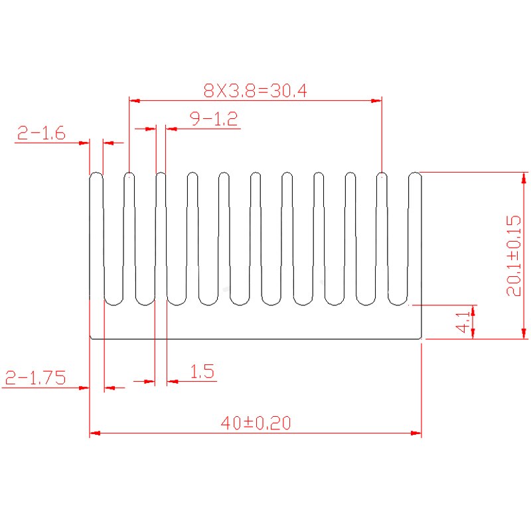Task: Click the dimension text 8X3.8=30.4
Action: (x=255, y=90)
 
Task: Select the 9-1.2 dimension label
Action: (x=213, y=119)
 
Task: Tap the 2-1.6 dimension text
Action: (x=40, y=133)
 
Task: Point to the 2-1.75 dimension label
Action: (x=35, y=378)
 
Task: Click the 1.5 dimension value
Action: (x=202, y=372)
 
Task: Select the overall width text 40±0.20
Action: (x=256, y=423)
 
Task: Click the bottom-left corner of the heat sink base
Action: (x=90, y=339)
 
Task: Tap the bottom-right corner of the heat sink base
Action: (x=421, y=339)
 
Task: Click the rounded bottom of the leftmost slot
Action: (x=114, y=305)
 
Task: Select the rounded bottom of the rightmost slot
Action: (x=398, y=305)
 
